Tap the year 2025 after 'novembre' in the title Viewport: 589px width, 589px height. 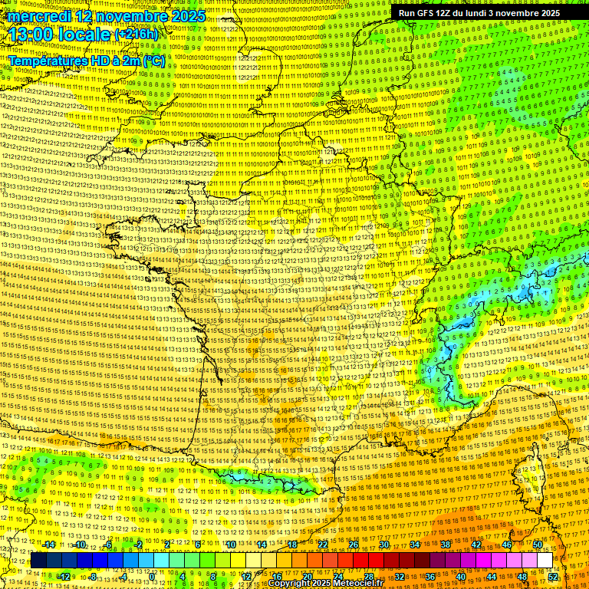[x=186, y=16]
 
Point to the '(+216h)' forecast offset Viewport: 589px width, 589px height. [x=137, y=35]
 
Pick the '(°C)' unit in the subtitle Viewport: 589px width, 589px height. [x=152, y=60]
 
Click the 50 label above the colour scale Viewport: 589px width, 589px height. [x=538, y=545]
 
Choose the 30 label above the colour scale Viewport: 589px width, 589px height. [x=384, y=545]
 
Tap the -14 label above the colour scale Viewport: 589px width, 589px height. [x=49, y=545]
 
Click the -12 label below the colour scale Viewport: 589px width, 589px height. [x=64, y=576]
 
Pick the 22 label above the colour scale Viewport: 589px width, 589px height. [x=323, y=545]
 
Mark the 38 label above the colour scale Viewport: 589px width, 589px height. [x=446, y=545]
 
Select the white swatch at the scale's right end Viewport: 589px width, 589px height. [x=545, y=561]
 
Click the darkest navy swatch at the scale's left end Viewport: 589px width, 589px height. [x=39, y=561]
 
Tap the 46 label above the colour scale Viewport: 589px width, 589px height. [x=507, y=545]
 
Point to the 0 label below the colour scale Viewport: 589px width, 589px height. [x=153, y=576]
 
